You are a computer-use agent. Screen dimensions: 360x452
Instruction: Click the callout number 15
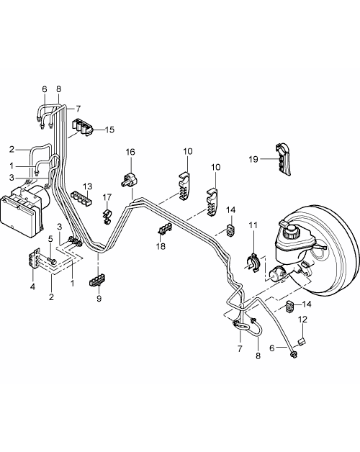click(x=109, y=130)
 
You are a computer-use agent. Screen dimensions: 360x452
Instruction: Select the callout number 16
click(x=130, y=152)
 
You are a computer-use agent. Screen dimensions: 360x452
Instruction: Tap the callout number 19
click(x=253, y=159)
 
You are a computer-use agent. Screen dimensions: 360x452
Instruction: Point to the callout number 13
click(x=87, y=186)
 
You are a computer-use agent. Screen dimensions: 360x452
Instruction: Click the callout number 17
click(x=107, y=197)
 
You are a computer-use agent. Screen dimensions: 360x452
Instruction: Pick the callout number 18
click(x=161, y=246)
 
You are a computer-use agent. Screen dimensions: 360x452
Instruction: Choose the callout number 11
click(x=253, y=225)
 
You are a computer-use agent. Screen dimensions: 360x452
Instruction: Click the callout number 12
click(x=302, y=320)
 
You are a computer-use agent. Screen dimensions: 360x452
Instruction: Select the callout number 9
click(x=99, y=299)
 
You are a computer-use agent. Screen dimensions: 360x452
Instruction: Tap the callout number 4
click(x=33, y=287)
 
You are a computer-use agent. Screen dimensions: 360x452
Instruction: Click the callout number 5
click(x=50, y=239)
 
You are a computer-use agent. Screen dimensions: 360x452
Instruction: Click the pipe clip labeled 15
click(x=82, y=127)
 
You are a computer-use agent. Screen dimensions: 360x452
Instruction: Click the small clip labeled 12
click(x=302, y=342)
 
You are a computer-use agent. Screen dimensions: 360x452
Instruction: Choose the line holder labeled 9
click(x=97, y=280)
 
